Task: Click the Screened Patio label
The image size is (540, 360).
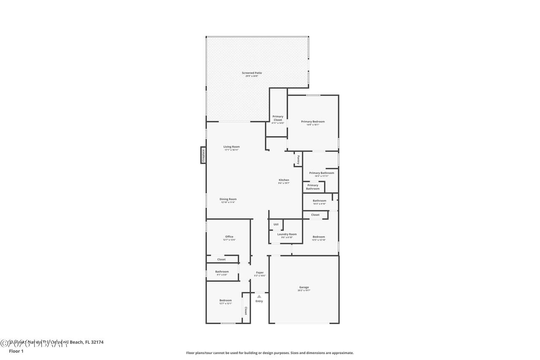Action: click(251, 73)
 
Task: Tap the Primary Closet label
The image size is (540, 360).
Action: click(278, 118)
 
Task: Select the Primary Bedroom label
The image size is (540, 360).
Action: click(313, 122)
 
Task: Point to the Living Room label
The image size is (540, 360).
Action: click(231, 146)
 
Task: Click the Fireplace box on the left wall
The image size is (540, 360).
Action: click(203, 155)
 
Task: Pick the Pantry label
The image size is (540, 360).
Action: click(298, 160)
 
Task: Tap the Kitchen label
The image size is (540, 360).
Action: click(283, 180)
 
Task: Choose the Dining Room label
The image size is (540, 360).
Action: click(228, 199)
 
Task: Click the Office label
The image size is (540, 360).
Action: click(229, 236)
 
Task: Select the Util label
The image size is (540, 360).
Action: click(276, 224)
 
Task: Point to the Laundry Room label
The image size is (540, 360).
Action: click(287, 234)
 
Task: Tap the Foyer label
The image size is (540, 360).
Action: click(259, 272)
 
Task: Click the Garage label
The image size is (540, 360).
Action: click(304, 287)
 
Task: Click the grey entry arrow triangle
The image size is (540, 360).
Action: click(259, 296)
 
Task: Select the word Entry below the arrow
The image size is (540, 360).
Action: click(259, 301)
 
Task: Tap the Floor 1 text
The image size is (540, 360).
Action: click(16, 351)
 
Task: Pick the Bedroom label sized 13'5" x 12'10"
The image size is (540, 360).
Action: click(319, 237)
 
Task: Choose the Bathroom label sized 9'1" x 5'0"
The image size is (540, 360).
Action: click(222, 271)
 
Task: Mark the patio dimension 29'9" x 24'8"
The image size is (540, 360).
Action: click(251, 76)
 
